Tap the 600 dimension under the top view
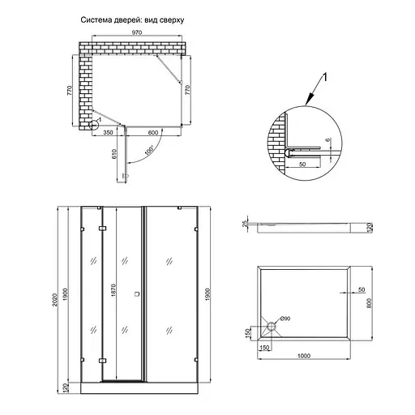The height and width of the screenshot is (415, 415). [x=152, y=132]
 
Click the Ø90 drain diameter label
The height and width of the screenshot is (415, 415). [x=287, y=319]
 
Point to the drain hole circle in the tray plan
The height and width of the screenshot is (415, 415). [x=270, y=327]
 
